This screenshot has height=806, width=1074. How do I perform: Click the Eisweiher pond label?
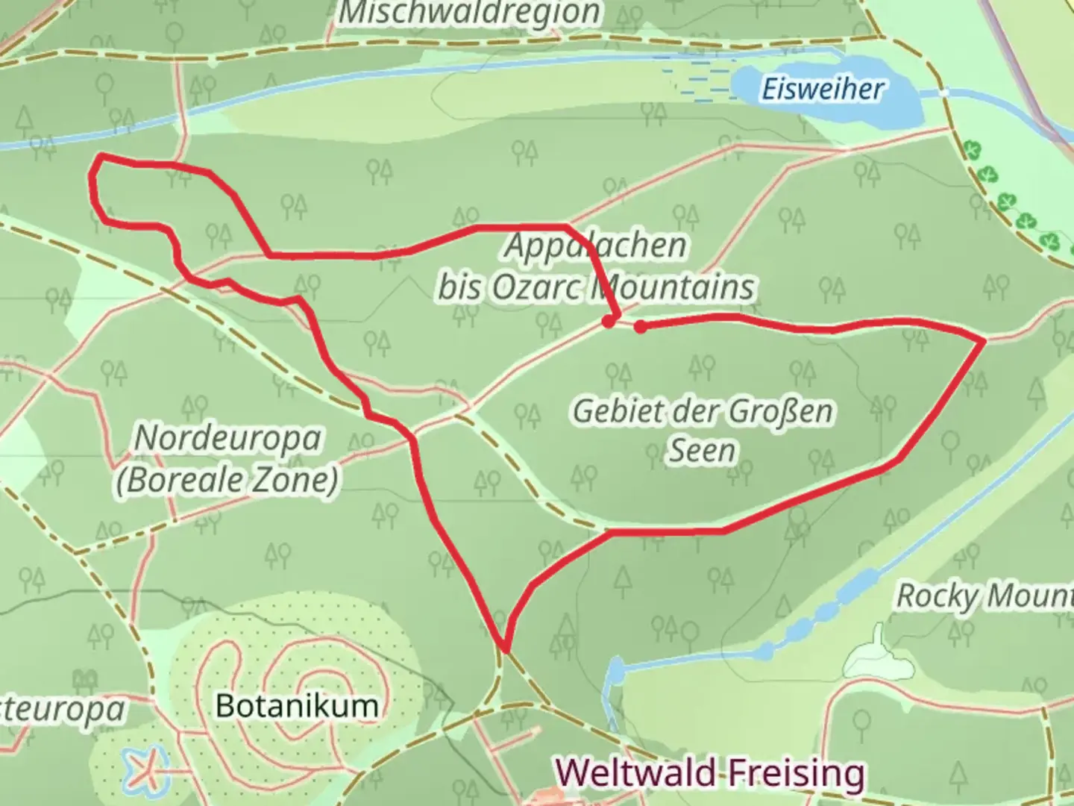pos(822,90)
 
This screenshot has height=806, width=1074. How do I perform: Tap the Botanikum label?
pos(297,705)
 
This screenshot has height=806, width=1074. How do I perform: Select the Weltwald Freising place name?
pos(711,772)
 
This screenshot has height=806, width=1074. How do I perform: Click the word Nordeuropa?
pos(227,439)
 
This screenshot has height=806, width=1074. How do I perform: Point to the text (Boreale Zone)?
pos(227,479)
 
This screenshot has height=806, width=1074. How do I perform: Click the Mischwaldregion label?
pos(470,12)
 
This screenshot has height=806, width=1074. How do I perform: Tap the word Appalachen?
pos(595,246)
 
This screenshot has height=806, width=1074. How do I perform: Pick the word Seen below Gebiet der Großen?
pos(701,451)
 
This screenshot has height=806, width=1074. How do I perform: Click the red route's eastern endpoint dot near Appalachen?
pos(640,326)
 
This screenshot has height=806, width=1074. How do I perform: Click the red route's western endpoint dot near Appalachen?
pos(609,322)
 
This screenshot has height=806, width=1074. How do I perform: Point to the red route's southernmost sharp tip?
pos(505,649)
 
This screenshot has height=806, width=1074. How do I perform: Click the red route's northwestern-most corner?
pos(100,156)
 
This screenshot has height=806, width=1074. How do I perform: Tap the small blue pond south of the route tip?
pos(615,672)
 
